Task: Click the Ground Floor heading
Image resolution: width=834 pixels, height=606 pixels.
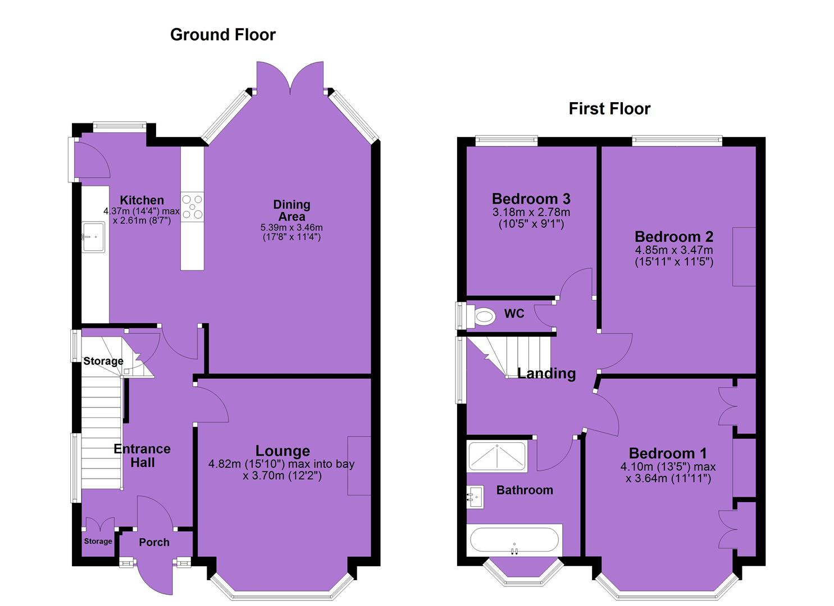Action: coord(222,35)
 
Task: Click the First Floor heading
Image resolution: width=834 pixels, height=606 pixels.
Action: coord(609,109)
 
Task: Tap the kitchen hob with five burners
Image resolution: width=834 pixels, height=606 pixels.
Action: coord(193,207)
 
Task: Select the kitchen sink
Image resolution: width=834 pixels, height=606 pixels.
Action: coord(94,237)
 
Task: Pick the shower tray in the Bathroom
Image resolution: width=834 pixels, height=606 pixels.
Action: coord(496,456)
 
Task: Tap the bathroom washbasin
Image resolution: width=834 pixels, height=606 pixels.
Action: coord(475,497)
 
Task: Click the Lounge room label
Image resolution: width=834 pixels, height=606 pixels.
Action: coord(282,451)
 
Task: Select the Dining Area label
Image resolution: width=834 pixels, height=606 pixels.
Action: coord(292,210)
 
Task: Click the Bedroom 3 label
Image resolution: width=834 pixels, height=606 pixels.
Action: coord(531,199)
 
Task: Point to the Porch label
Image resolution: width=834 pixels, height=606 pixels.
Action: coord(154,543)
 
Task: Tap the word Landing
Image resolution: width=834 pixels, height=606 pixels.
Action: coord(546,374)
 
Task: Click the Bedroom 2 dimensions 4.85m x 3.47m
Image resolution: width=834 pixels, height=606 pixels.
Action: coord(674,250)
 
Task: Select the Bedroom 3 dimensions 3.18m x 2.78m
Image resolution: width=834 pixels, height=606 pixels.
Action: coord(531,212)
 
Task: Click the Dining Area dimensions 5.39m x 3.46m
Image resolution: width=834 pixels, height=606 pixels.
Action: coord(291,228)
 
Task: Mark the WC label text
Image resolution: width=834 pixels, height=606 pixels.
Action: coord(514,314)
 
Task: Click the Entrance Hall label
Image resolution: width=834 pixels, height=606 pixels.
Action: coord(142,456)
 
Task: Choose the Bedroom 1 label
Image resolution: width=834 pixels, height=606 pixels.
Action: coord(668,453)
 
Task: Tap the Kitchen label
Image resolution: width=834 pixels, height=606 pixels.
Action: coord(142,200)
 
